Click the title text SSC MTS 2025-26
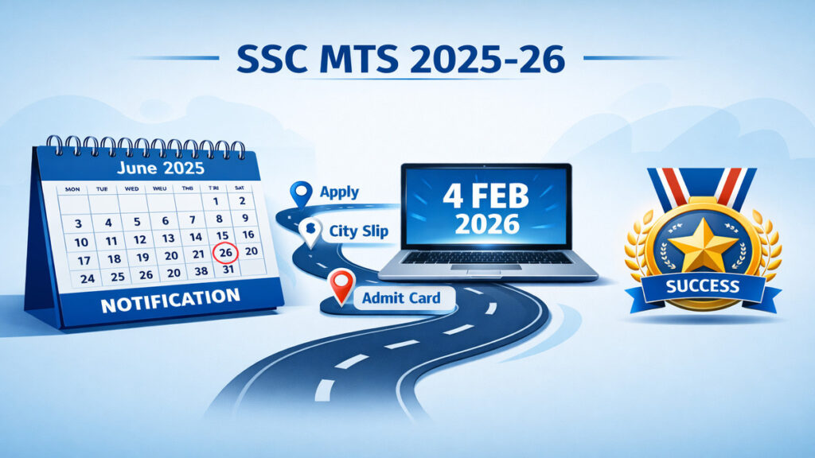(x=401, y=59)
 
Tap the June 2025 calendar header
(x=161, y=168)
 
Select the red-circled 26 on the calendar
(x=225, y=253)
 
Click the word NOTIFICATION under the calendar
(x=170, y=301)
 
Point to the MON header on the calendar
(x=72, y=189)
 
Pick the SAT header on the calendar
(x=240, y=188)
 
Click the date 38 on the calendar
(x=201, y=271)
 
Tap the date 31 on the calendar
(x=228, y=270)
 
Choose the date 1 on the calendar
(x=216, y=201)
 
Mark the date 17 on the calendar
(x=84, y=261)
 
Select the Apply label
(x=339, y=192)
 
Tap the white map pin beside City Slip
(x=311, y=232)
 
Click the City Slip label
(x=359, y=231)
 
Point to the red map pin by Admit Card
(x=341, y=286)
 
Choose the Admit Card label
(x=401, y=298)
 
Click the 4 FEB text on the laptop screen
(x=486, y=197)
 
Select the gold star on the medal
(x=703, y=245)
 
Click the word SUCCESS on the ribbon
(x=703, y=286)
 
